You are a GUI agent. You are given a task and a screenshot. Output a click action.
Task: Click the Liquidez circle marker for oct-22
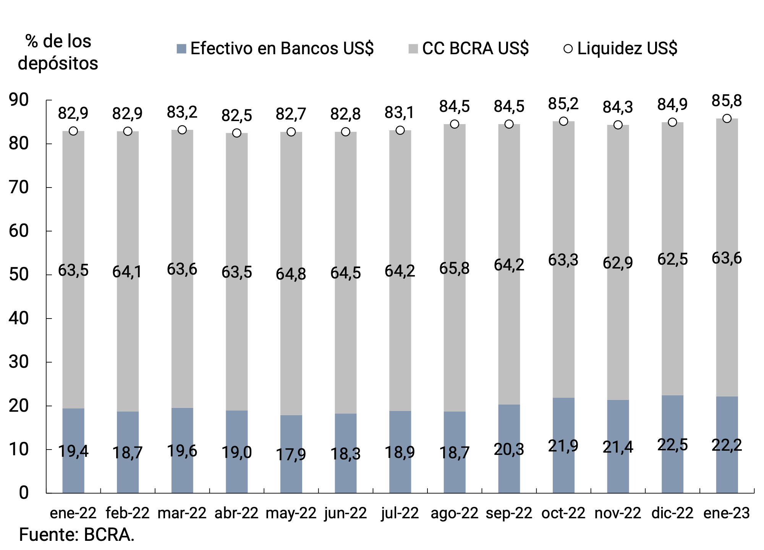click(563, 121)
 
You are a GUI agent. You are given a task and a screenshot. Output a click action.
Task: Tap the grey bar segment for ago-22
click(455, 325)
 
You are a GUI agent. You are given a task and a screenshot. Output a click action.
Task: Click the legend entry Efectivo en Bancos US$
click(275, 49)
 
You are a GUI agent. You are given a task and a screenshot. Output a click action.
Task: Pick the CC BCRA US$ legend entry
click(469, 49)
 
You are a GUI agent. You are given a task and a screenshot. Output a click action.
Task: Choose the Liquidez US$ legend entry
click(621, 49)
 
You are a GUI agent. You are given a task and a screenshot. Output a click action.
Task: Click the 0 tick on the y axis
click(24, 493)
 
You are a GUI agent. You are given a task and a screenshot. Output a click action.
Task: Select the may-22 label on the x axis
click(291, 513)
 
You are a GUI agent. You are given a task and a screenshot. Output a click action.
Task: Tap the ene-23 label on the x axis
click(727, 513)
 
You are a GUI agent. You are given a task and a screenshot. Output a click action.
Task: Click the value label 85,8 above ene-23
click(727, 101)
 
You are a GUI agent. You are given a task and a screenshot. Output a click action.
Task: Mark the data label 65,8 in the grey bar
click(454, 269)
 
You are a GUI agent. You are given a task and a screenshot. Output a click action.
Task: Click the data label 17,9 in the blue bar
click(291, 454)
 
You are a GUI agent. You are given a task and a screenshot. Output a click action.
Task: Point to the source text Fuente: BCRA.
click(76, 535)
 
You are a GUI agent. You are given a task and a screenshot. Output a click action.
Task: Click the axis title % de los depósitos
click(58, 52)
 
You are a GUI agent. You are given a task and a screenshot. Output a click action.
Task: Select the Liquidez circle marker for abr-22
click(236, 133)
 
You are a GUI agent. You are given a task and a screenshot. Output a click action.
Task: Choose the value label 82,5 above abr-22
click(236, 115)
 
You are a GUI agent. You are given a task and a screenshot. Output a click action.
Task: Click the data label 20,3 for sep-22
click(509, 450)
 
